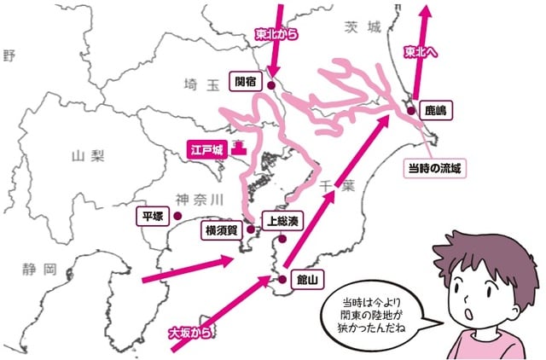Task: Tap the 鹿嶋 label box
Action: point(439,110)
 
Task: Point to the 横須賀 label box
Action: point(220,230)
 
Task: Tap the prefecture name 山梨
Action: point(88,155)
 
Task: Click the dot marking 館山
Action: point(282,278)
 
